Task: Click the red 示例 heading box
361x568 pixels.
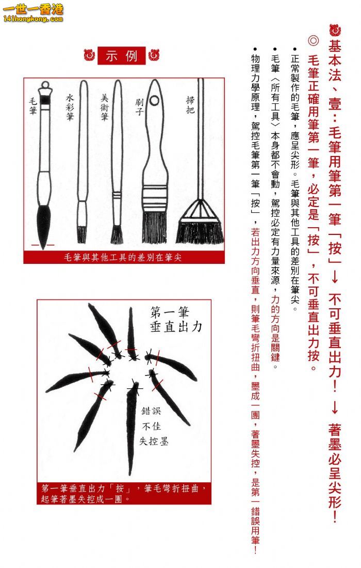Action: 121,56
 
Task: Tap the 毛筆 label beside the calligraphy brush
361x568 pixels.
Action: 34,106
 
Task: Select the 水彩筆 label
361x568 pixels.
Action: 70,107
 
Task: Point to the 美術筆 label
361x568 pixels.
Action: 105,107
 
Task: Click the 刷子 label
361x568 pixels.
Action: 139,106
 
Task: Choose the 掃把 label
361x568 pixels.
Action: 190,105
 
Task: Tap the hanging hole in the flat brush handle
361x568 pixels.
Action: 154,100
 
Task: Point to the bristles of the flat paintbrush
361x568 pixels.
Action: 154,228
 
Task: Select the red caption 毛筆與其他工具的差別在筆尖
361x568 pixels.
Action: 123,257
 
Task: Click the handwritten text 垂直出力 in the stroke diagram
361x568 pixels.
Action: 176,327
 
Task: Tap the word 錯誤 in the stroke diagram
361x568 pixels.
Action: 151,411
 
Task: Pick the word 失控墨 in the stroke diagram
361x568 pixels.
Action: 154,441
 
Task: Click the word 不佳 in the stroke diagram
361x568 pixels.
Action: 151,426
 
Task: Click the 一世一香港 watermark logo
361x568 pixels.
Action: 33,12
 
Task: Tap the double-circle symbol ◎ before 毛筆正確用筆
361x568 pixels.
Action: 313,40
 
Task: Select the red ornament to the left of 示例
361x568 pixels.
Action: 89,55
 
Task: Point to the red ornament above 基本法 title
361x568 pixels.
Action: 335,30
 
